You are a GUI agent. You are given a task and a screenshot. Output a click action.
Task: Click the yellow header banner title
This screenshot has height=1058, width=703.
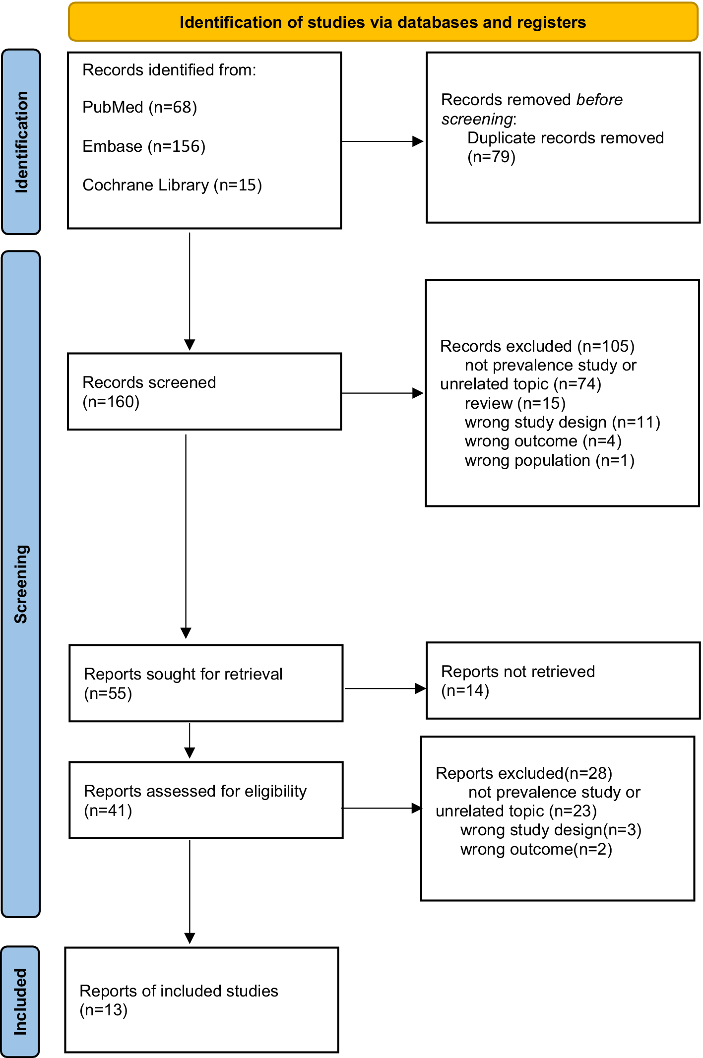coord(383,22)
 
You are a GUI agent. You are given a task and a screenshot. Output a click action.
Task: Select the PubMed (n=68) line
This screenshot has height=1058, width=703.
coord(140,107)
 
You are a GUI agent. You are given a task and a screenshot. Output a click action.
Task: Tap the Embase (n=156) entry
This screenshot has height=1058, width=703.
coord(144,146)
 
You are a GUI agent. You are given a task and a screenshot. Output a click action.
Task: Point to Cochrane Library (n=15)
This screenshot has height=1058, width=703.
coord(172,185)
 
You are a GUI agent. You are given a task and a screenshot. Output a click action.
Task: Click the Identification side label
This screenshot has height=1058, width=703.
coord(21,142)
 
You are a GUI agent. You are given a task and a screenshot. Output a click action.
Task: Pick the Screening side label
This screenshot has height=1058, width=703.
coord(21,584)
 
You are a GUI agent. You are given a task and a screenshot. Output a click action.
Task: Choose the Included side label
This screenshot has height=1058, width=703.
coord(20,1002)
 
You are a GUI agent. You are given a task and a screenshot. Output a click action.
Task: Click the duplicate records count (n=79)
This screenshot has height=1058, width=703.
coord(492,157)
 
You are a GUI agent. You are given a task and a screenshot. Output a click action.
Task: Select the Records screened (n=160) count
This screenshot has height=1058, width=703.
coord(111,402)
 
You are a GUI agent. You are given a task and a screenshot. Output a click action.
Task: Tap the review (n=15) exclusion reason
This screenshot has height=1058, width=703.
coord(515,403)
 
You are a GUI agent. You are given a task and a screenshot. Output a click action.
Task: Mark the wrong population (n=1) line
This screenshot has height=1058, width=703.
coord(550,460)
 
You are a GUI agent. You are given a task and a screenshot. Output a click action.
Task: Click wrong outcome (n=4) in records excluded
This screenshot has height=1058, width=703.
coord(543,441)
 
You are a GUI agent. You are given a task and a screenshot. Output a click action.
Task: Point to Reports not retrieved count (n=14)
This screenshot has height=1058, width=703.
coord(465,690)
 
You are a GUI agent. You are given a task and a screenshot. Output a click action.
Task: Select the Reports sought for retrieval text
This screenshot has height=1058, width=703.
coord(183,674)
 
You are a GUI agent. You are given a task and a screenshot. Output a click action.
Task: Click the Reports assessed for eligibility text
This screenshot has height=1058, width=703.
coord(195,791)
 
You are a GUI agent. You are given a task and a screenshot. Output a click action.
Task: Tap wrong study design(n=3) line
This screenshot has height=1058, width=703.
coord(551,830)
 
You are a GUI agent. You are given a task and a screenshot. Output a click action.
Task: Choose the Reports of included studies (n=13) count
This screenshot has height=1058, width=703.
coord(104,1010)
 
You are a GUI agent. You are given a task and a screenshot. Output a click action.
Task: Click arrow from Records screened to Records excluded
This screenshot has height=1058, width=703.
coord(383,393)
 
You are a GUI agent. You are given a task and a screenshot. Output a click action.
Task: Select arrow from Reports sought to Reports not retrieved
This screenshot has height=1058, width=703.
coord(385,688)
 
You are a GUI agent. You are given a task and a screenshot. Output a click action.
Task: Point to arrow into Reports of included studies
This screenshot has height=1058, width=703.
coord(190,892)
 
